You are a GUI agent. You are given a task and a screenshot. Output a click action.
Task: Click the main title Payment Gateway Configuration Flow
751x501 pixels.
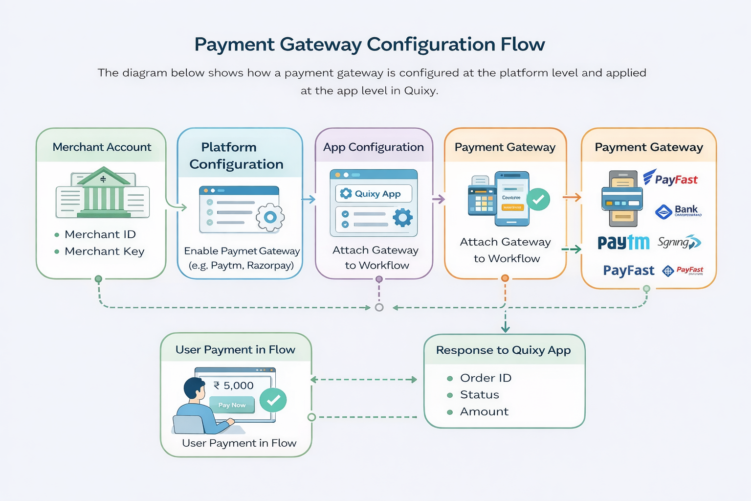[x=370, y=45]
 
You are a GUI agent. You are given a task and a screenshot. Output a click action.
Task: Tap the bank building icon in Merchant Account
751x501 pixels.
[x=103, y=192]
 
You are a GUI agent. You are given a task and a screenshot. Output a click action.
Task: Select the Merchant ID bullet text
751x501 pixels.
[x=100, y=234]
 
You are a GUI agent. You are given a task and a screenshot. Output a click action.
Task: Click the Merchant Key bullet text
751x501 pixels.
[x=104, y=251]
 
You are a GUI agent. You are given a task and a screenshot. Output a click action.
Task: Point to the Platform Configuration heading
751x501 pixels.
[x=236, y=156]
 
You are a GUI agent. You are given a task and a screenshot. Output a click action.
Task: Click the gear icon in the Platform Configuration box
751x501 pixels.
[x=270, y=218]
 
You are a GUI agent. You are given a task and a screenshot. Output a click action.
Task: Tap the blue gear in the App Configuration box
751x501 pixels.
[x=402, y=217]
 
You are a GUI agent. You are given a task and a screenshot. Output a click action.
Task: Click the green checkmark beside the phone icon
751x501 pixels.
[x=538, y=199]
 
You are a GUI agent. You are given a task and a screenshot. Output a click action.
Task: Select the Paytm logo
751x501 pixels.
[x=623, y=242]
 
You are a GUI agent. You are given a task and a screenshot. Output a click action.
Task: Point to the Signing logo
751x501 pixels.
[x=679, y=242]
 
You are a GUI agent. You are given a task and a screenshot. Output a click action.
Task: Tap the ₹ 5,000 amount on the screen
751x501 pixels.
[x=234, y=386]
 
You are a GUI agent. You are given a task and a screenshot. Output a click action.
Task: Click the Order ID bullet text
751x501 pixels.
[x=486, y=378]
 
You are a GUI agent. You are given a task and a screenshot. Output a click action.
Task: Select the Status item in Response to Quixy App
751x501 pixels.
[x=479, y=395]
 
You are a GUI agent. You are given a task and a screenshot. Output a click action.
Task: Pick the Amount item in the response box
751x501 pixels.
[x=484, y=411]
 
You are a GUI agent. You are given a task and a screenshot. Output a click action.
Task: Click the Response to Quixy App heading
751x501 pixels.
[x=503, y=350]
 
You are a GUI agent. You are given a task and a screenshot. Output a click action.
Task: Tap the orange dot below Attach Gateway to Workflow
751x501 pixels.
[x=505, y=278]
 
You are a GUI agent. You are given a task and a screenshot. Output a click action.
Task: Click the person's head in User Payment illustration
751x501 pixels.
[x=194, y=388]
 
